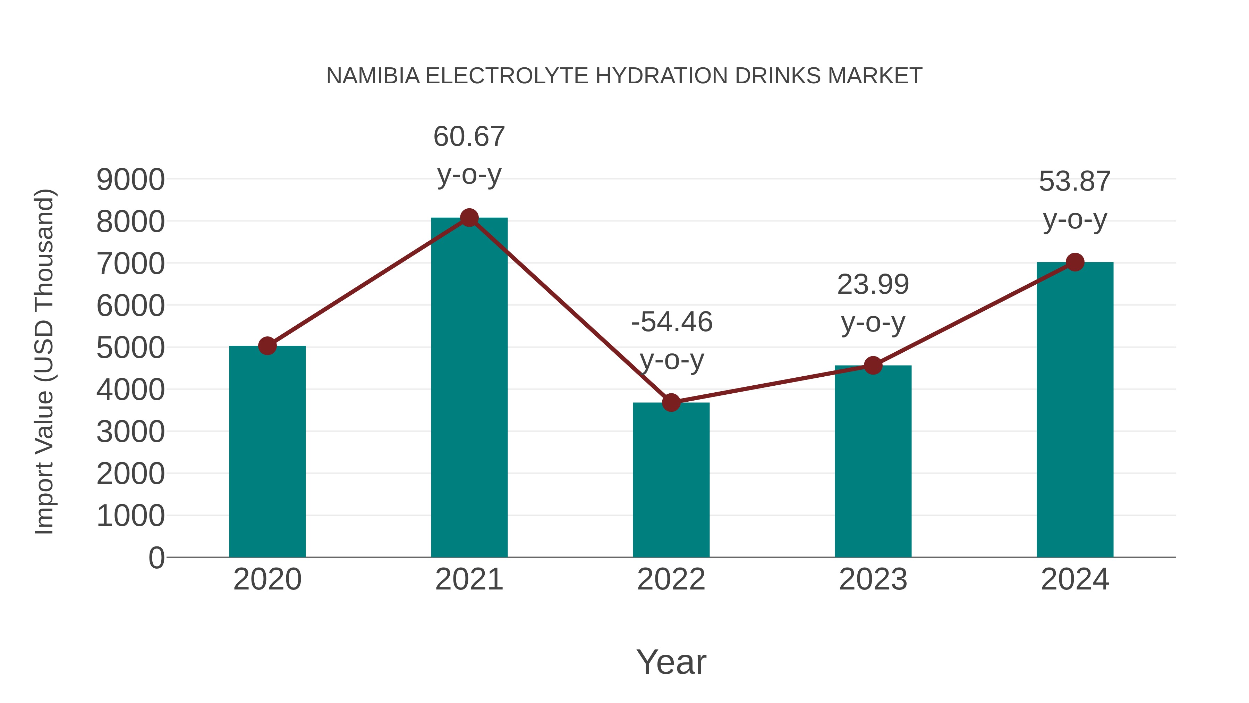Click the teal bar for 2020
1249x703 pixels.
(x=267, y=451)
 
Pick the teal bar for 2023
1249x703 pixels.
(x=873, y=461)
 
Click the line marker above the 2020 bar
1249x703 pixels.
(x=267, y=346)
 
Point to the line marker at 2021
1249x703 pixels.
(x=469, y=218)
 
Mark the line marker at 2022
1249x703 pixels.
(x=671, y=402)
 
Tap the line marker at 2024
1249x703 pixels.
(x=1075, y=262)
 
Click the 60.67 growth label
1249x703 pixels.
(x=469, y=136)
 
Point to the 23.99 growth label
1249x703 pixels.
(x=873, y=284)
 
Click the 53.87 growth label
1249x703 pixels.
(x=1074, y=182)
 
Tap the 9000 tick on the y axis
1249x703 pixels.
(x=130, y=180)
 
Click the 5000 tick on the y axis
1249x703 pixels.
(x=130, y=348)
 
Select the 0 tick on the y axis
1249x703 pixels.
(x=156, y=558)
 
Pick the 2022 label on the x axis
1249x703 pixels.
(x=671, y=579)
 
